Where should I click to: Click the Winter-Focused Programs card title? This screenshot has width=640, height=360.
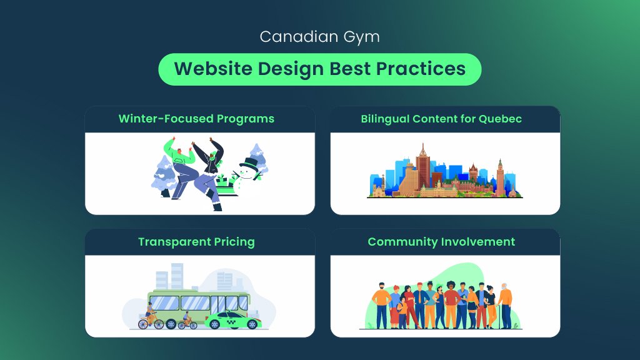pos(196,119)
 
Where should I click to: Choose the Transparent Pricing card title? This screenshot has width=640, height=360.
pos(196,242)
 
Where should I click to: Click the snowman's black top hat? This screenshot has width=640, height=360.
pos(249,163)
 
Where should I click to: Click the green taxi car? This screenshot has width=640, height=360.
pos(233,320)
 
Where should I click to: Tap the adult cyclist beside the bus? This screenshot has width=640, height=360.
pos(151,315)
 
